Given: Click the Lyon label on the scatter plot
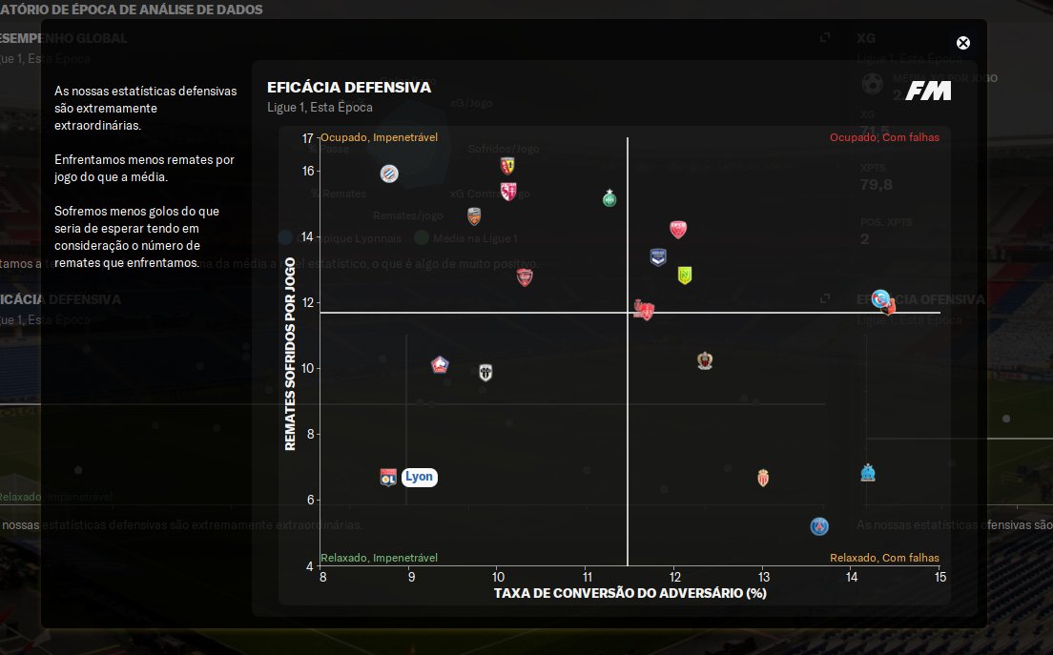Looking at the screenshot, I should click(419, 477).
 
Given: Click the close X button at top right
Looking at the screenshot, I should click(963, 43).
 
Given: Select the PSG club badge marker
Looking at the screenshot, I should click(819, 526).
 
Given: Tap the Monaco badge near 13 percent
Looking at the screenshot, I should click(763, 478).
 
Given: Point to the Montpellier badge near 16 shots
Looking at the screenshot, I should click(389, 174).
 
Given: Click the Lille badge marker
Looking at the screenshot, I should click(440, 365).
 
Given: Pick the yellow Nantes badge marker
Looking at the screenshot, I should click(684, 275).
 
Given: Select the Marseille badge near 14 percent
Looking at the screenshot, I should click(868, 473).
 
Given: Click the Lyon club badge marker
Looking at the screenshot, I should click(388, 478).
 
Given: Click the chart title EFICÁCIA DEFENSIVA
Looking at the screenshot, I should click(349, 88).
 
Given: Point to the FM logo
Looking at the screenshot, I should click(928, 91).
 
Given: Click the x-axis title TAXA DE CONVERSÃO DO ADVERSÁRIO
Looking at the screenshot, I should click(630, 593).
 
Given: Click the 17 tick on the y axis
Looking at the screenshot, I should click(308, 138).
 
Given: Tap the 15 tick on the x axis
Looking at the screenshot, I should click(939, 577).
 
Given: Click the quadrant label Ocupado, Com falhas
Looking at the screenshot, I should click(884, 137).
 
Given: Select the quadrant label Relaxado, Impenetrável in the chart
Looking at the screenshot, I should click(379, 558).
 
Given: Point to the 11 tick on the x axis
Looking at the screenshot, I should click(587, 577).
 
